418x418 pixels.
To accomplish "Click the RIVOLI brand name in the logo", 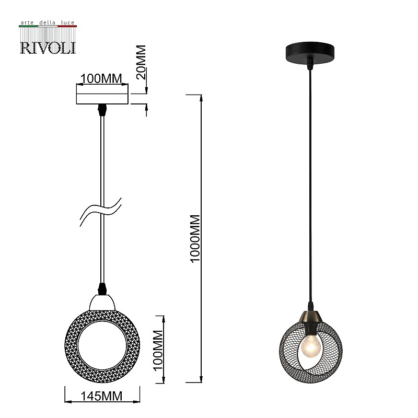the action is [48, 48].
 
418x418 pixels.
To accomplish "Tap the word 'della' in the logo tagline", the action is [47, 22].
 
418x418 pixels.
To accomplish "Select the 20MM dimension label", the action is [141, 62].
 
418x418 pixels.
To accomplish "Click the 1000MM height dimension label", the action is [195, 239].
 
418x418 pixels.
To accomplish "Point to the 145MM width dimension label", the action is [101, 396].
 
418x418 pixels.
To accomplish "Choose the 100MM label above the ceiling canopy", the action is [101, 79].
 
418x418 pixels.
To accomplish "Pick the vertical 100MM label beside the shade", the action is [158, 350].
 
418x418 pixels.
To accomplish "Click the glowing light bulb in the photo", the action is [310, 346].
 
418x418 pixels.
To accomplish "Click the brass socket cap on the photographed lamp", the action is [310, 317].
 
